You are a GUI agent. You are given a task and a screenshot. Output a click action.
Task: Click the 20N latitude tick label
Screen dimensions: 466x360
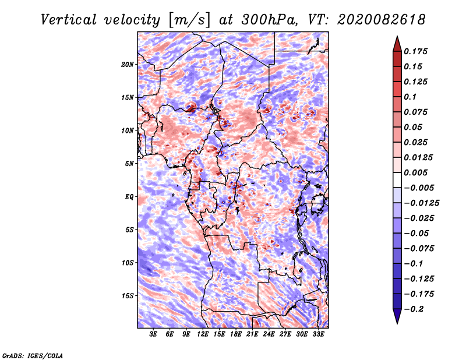point(127,65)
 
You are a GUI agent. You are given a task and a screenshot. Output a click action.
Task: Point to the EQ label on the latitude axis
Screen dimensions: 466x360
point(129,197)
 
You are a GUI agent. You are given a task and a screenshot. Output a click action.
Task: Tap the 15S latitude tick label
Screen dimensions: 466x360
point(127,296)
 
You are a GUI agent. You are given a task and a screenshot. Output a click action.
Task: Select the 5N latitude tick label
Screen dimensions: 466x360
point(129,164)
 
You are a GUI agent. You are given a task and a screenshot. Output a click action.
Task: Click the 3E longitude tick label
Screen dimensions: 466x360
point(153,334)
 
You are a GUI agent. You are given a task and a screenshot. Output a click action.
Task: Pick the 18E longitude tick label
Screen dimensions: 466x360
point(236,334)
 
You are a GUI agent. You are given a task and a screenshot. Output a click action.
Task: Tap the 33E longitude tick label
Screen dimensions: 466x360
point(318,334)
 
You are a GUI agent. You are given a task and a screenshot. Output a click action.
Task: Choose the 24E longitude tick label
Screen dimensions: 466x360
point(269,334)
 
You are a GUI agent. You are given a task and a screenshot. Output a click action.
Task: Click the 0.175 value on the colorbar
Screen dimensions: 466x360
point(415,51)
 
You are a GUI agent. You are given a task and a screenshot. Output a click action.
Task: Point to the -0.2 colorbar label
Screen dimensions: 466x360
point(414,309)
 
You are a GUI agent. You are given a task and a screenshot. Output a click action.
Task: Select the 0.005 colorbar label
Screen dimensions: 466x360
point(415,172)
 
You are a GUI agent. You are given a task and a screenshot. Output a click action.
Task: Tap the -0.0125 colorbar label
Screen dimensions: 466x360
point(421,203)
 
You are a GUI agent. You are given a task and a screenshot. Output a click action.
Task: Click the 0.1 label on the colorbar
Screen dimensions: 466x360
point(410,97)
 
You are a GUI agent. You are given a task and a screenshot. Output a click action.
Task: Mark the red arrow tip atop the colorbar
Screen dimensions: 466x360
point(397,36)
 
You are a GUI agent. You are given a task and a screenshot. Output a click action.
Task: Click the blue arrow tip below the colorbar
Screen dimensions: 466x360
point(397,323)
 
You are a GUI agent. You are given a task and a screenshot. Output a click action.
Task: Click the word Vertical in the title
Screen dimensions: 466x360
point(69,20)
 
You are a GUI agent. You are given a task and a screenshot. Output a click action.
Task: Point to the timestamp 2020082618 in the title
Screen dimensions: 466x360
point(382,20)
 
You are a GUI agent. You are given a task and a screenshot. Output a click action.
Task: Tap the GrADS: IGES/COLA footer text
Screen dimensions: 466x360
point(33,355)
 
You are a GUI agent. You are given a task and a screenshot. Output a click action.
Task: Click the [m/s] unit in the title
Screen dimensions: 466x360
point(189,20)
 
